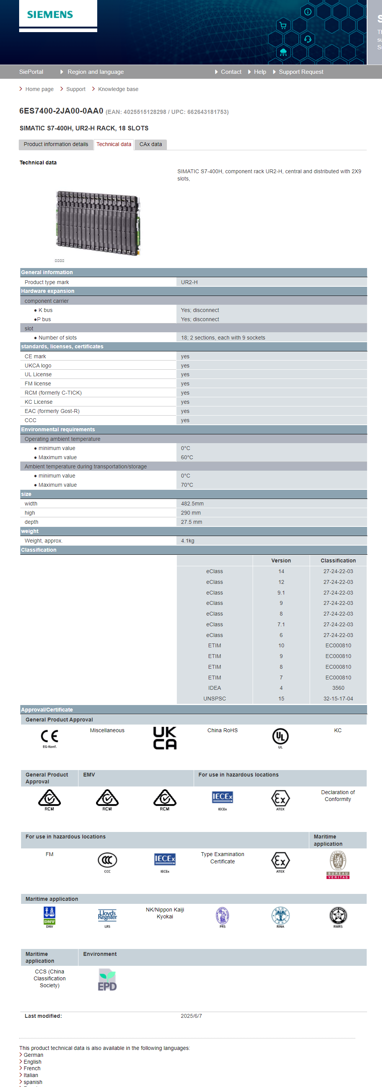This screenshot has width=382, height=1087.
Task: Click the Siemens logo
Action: pos(50,15)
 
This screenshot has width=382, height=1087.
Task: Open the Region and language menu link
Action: pos(96,72)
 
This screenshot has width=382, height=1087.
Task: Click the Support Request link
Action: pos(301,72)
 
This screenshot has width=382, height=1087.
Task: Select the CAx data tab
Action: pos(150,144)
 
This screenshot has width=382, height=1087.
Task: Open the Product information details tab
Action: pos(56,144)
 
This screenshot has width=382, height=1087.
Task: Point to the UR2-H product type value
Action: pos(189,282)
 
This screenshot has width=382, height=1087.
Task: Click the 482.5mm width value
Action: pos(192,504)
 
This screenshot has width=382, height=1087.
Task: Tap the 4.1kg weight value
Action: pos(188,541)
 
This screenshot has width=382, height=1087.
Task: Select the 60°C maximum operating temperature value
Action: pos(187,457)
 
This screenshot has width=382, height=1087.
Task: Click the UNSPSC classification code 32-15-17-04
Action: pos(338,699)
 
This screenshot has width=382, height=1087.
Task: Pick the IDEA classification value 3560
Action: pos(338,688)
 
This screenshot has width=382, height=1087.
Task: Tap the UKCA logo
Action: pos(165,738)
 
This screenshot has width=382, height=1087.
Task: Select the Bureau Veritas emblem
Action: pos(338,864)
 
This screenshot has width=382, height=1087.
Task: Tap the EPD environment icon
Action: pos(107,980)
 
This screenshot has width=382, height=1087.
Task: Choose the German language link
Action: pos(33,1055)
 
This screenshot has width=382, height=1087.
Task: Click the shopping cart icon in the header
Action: pos(283,25)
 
